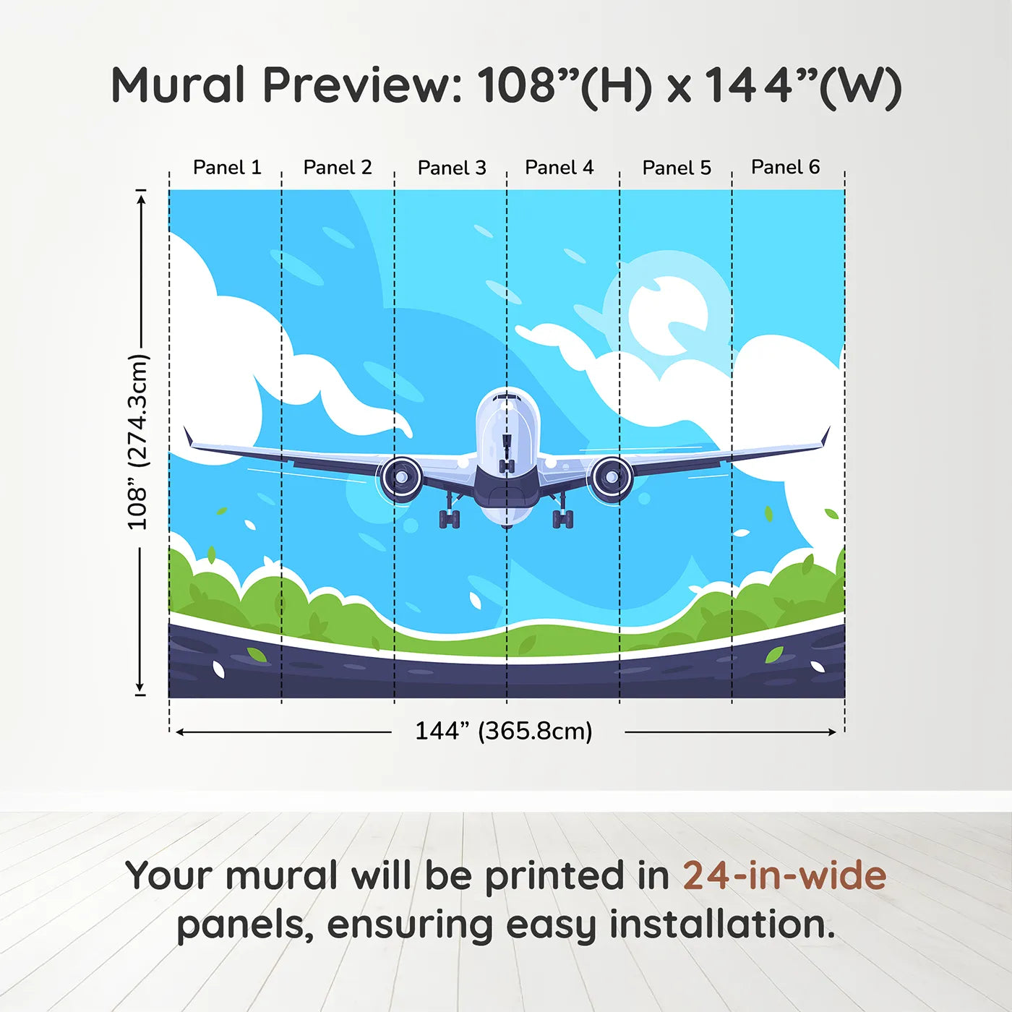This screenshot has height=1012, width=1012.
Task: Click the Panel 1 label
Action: coord(227,167)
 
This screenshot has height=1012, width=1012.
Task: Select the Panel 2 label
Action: coord(338,167)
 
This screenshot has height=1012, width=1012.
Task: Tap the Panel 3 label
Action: coord(452,168)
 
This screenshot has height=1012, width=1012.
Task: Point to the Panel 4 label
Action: coord(559,167)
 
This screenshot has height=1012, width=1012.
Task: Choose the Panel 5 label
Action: coord(677,168)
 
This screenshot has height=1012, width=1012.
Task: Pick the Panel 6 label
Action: coord(785,167)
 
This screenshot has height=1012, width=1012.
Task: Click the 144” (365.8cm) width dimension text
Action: coord(503,731)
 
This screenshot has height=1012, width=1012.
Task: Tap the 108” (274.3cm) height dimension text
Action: coord(137,442)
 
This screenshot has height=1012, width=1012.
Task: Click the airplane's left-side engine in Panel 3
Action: coord(401,479)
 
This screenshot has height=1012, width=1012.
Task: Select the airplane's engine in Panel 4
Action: coord(612,477)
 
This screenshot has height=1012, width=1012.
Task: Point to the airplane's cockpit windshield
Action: coord(507,398)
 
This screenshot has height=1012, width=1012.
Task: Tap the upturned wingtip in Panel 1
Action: coord(188,437)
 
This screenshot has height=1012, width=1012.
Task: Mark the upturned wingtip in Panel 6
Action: coord(825,437)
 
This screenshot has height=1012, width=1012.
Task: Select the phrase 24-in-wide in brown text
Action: coord(784,875)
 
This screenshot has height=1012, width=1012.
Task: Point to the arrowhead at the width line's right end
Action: coord(832,732)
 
